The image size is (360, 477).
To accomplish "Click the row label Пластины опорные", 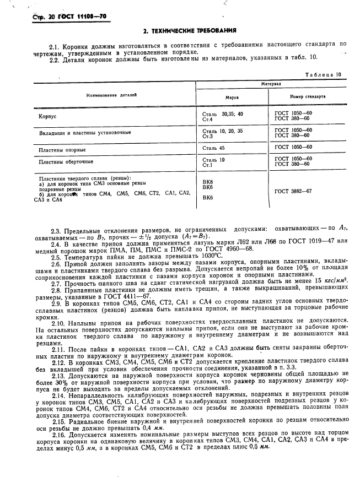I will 62,149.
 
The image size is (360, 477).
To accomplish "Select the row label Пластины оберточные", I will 66,162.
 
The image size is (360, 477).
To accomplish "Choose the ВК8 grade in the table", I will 208,181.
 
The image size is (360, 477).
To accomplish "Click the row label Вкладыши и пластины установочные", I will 84,133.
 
